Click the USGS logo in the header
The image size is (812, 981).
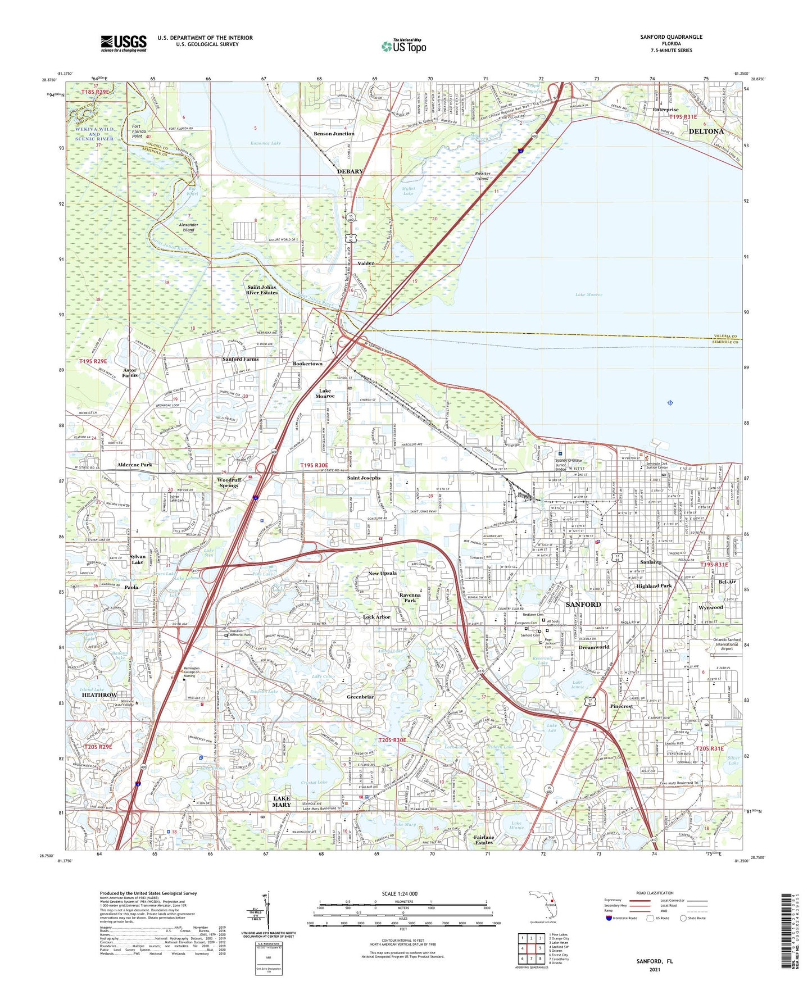click(124, 43)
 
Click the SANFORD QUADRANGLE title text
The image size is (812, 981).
click(671, 37)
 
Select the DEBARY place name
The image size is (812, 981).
click(350, 171)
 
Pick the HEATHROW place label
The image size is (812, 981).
click(99, 695)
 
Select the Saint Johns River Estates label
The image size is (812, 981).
click(262, 290)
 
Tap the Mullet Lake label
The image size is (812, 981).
click(409, 191)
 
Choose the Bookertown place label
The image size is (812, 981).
click(307, 364)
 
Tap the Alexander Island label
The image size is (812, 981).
click(188, 227)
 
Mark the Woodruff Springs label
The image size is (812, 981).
click(228, 483)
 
